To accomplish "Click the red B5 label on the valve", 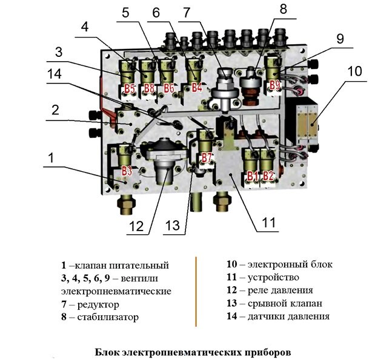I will click(x=129, y=89).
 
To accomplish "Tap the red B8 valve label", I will click(x=149, y=89).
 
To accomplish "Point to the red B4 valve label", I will click(x=196, y=87).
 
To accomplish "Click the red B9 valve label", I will click(x=274, y=85).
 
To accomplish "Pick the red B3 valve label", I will click(x=127, y=170).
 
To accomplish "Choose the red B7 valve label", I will click(x=208, y=159).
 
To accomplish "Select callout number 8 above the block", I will click(x=283, y=8).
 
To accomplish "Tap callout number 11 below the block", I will click(x=268, y=222).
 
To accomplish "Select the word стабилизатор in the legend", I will click(x=106, y=316).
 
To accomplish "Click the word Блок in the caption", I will click(x=108, y=351).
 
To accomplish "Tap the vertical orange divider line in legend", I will click(x=196, y=292).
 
